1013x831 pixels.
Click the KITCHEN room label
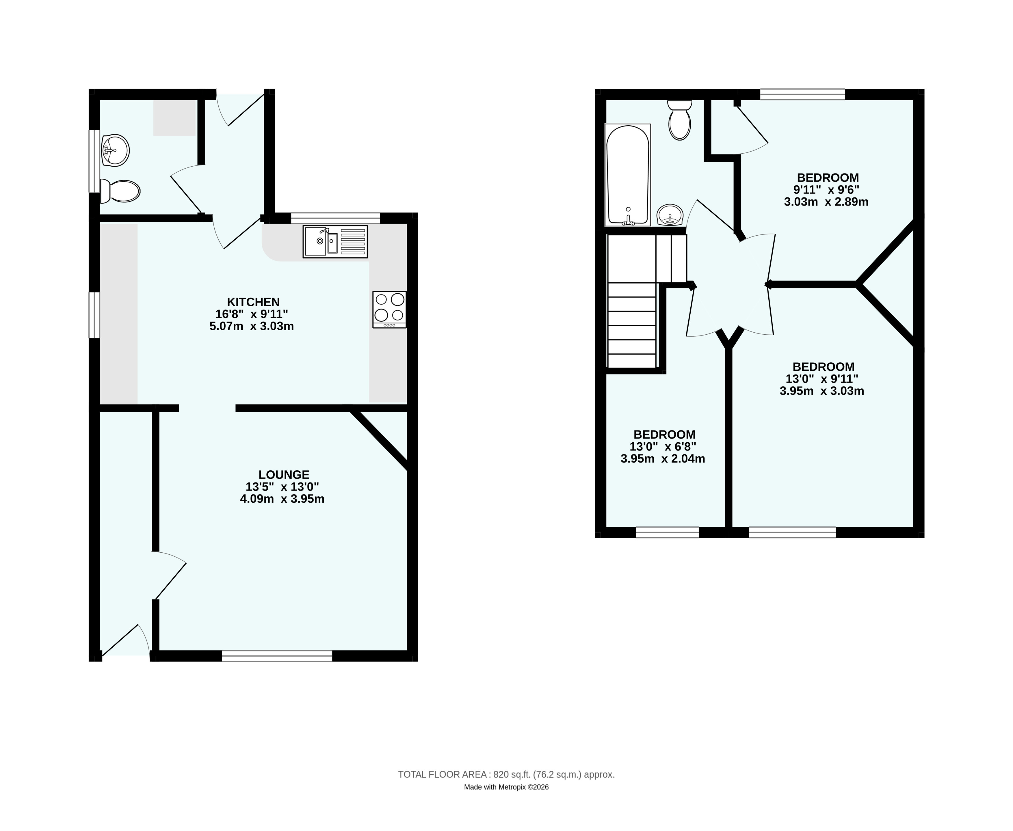click(x=253, y=302)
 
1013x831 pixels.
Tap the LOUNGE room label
click(x=284, y=475)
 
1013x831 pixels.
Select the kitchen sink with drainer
click(x=335, y=242)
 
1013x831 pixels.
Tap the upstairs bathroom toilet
click(x=680, y=120)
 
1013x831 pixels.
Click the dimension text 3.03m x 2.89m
click(x=826, y=202)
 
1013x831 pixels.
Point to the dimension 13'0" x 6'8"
click(x=663, y=447)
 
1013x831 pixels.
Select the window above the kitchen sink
click(x=336, y=218)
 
